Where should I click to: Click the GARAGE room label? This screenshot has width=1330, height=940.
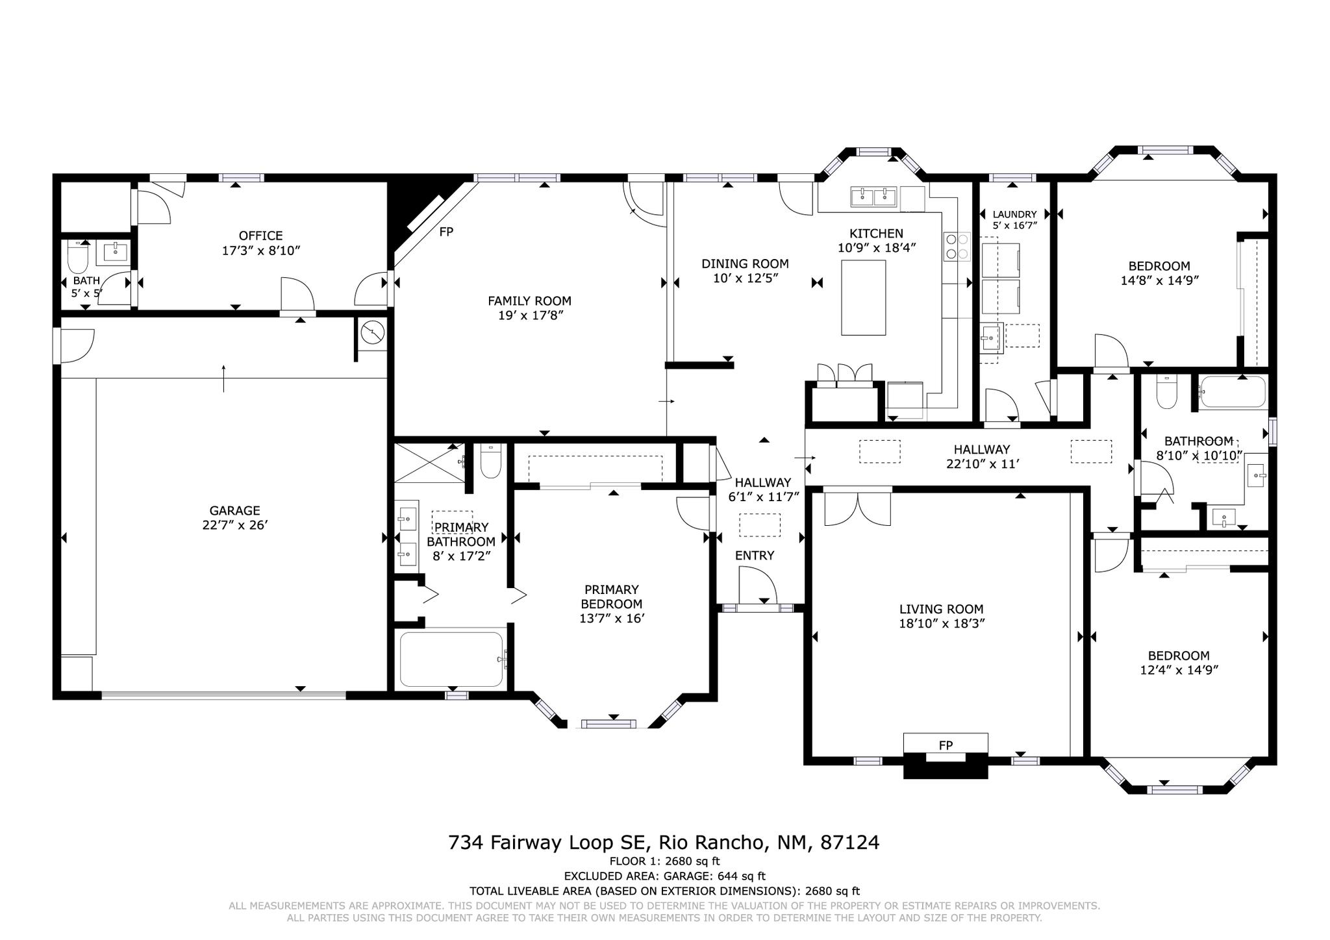click(x=234, y=511)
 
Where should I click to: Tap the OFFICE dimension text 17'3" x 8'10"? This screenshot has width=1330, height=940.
click(x=260, y=251)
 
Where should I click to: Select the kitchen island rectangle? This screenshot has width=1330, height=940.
click(x=863, y=297)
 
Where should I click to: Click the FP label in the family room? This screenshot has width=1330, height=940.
click(x=445, y=232)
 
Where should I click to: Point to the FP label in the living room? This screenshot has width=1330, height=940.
click(x=946, y=745)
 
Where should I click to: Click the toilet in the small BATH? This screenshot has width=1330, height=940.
click(x=78, y=258)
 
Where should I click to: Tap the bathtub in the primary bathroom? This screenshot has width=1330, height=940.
click(x=451, y=659)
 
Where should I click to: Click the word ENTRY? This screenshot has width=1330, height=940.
click(x=755, y=556)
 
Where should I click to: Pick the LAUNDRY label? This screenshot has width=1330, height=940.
click(x=1014, y=214)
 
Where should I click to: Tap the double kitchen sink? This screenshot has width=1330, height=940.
click(x=873, y=195)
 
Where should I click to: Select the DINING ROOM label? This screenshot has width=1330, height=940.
click(x=745, y=264)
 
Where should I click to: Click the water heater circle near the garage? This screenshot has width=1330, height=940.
click(x=373, y=333)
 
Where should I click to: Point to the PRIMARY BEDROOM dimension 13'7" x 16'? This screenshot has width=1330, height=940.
click(x=612, y=619)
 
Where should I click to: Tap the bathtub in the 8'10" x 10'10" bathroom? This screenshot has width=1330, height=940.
click(x=1233, y=392)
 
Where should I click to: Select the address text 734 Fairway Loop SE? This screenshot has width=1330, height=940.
click(x=549, y=843)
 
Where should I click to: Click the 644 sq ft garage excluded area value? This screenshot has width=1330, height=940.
click(x=741, y=876)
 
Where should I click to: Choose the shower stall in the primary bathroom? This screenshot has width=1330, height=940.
click(x=428, y=462)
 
